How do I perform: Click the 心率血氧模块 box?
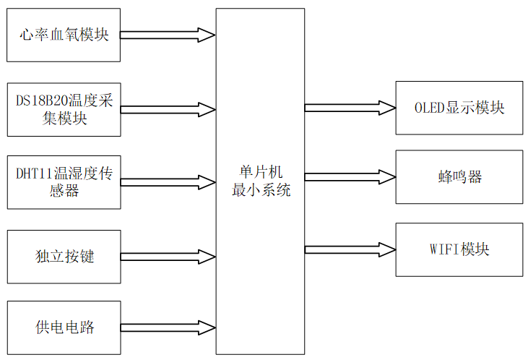(x=64, y=35)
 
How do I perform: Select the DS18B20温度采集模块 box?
(x=64, y=109)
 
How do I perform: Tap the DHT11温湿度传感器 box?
(x=64, y=182)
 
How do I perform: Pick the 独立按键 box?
(x=64, y=257)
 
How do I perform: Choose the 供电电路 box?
(x=64, y=327)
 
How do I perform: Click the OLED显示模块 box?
(x=459, y=108)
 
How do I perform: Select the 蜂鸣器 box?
(x=459, y=177)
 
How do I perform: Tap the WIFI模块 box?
(x=459, y=249)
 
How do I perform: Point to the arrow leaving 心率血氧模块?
(x=168, y=35)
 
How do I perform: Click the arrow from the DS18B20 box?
(x=168, y=110)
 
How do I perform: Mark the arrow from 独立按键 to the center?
(x=168, y=257)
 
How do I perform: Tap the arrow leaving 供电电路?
(x=168, y=327)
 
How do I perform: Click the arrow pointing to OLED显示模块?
(x=350, y=108)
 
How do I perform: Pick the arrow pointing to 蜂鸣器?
(x=350, y=177)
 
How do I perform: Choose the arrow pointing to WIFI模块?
(x=350, y=249)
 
